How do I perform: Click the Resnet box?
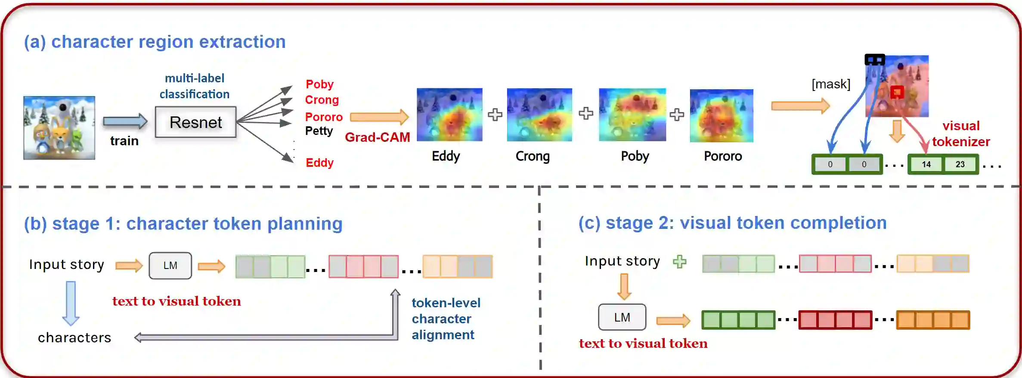tap(195, 122)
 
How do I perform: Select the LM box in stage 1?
tap(170, 266)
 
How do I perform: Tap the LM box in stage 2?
tap(622, 317)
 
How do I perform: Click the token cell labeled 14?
tap(926, 164)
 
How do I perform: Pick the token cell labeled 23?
tap(960, 164)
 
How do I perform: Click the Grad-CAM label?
tap(378, 137)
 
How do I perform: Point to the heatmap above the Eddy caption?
tap(449, 115)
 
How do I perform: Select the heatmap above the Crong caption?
tap(539, 115)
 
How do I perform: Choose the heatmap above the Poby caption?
tap(632, 115)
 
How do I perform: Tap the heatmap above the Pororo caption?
tap(722, 116)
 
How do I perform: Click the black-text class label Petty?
tap(319, 131)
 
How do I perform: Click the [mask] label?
tap(831, 84)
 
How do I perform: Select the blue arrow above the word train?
tap(125, 122)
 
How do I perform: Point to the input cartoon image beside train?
tap(59, 128)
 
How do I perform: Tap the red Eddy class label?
tap(319, 162)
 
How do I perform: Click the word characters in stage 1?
tap(74, 337)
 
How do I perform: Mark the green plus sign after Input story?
tap(680, 262)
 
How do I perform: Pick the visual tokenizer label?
tap(961, 134)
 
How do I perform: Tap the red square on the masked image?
tap(897, 92)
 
